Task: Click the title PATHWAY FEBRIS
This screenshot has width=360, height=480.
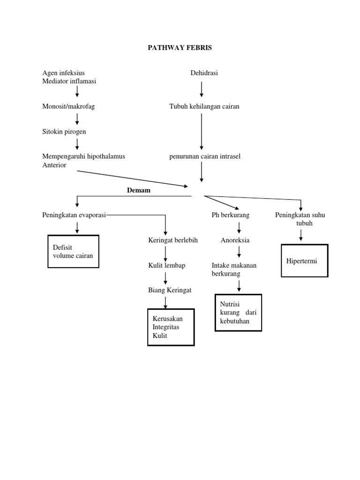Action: point(180,48)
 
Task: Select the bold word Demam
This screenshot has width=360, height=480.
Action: point(138,190)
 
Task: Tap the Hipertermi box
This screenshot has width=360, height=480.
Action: point(304,261)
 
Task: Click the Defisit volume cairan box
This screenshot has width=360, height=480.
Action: point(74,251)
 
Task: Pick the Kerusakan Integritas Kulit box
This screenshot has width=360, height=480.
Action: point(171,327)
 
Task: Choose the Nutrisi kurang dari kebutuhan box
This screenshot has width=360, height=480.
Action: point(238,313)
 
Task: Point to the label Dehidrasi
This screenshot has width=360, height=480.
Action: point(204,73)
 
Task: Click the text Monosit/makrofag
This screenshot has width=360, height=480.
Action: point(68,106)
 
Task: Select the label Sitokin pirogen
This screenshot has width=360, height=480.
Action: point(64,132)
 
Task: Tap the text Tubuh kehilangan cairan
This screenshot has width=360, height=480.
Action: point(204,106)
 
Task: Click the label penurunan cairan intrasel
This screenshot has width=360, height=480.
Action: point(205,156)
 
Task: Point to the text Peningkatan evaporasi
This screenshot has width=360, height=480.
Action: point(74,215)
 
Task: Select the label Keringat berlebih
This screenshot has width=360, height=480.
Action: point(173,240)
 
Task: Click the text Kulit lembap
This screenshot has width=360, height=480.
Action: point(167,266)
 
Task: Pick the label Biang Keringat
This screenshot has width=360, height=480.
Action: point(170,291)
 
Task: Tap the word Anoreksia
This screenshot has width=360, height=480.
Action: point(235,240)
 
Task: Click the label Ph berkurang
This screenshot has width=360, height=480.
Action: point(231,215)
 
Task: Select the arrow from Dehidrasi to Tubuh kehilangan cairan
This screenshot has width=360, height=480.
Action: point(202,89)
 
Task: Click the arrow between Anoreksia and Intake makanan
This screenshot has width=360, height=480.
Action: point(239,252)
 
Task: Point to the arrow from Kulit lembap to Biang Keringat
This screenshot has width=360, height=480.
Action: point(165,278)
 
